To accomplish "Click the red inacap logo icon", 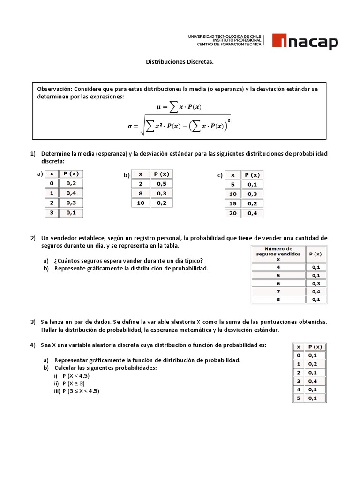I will (x=279, y=42).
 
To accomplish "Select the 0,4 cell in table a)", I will (x=71, y=193).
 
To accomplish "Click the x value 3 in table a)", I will (x=52, y=212).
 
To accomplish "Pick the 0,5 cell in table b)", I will (x=162, y=184).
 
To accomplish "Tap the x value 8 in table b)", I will (x=140, y=193).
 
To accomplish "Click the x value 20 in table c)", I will (x=232, y=213).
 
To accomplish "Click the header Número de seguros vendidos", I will (x=278, y=254).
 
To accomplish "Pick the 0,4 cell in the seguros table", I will (x=316, y=292).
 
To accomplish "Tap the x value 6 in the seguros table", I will (x=278, y=284).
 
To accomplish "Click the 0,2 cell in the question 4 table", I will (x=313, y=364).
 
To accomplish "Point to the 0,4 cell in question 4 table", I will (x=313, y=381).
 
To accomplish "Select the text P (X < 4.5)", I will (x=76, y=376).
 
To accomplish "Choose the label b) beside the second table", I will (x=127, y=175).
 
